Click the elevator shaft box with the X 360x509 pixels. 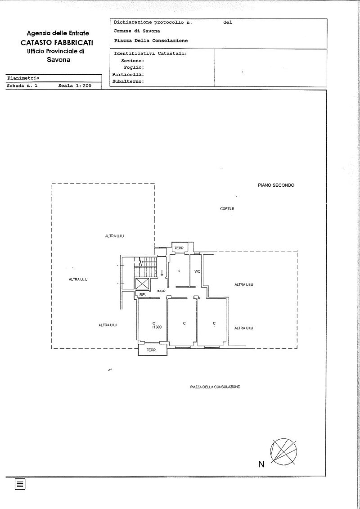click(x=141, y=284)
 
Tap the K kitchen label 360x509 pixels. click(x=179, y=271)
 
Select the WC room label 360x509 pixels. click(x=197, y=271)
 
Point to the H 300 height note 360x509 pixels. click(x=157, y=327)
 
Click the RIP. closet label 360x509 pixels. click(x=142, y=294)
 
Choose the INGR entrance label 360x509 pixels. click(x=162, y=291)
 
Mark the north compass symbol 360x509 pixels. click(x=283, y=452)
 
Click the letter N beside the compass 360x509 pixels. click(x=261, y=464)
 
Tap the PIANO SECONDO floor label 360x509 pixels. click(x=276, y=185)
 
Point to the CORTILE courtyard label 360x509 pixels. click(x=227, y=209)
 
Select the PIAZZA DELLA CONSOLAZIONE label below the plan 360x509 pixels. click(x=215, y=387)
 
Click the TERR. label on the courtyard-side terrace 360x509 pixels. click(x=179, y=248)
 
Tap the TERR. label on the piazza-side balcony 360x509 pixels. click(x=151, y=350)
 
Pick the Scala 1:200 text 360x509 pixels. click(x=75, y=86)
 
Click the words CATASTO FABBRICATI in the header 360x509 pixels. click(x=57, y=43)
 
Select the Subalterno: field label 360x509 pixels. click(x=128, y=81)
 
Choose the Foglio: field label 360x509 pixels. click(x=134, y=68)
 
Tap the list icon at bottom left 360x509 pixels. click(x=20, y=484)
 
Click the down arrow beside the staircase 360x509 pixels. click(x=162, y=273)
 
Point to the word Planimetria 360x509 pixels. click(x=23, y=78)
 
